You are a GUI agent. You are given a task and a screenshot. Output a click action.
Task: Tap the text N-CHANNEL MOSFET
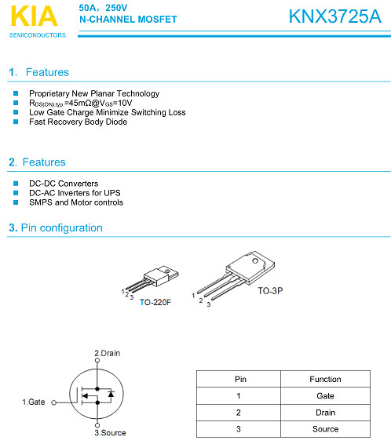128,19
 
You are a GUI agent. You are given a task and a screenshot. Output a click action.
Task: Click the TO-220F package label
155,302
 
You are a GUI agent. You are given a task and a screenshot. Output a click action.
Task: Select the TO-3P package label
271,290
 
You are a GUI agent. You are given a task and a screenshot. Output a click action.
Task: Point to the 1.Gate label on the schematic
33,402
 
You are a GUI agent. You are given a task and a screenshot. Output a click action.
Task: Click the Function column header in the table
325,380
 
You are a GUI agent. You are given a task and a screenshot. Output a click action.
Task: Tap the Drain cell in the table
325,413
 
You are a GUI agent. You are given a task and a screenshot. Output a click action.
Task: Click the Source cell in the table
325,429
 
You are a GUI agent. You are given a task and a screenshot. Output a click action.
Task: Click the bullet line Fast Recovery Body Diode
78,122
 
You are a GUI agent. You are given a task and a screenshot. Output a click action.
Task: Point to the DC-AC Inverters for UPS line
75,193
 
